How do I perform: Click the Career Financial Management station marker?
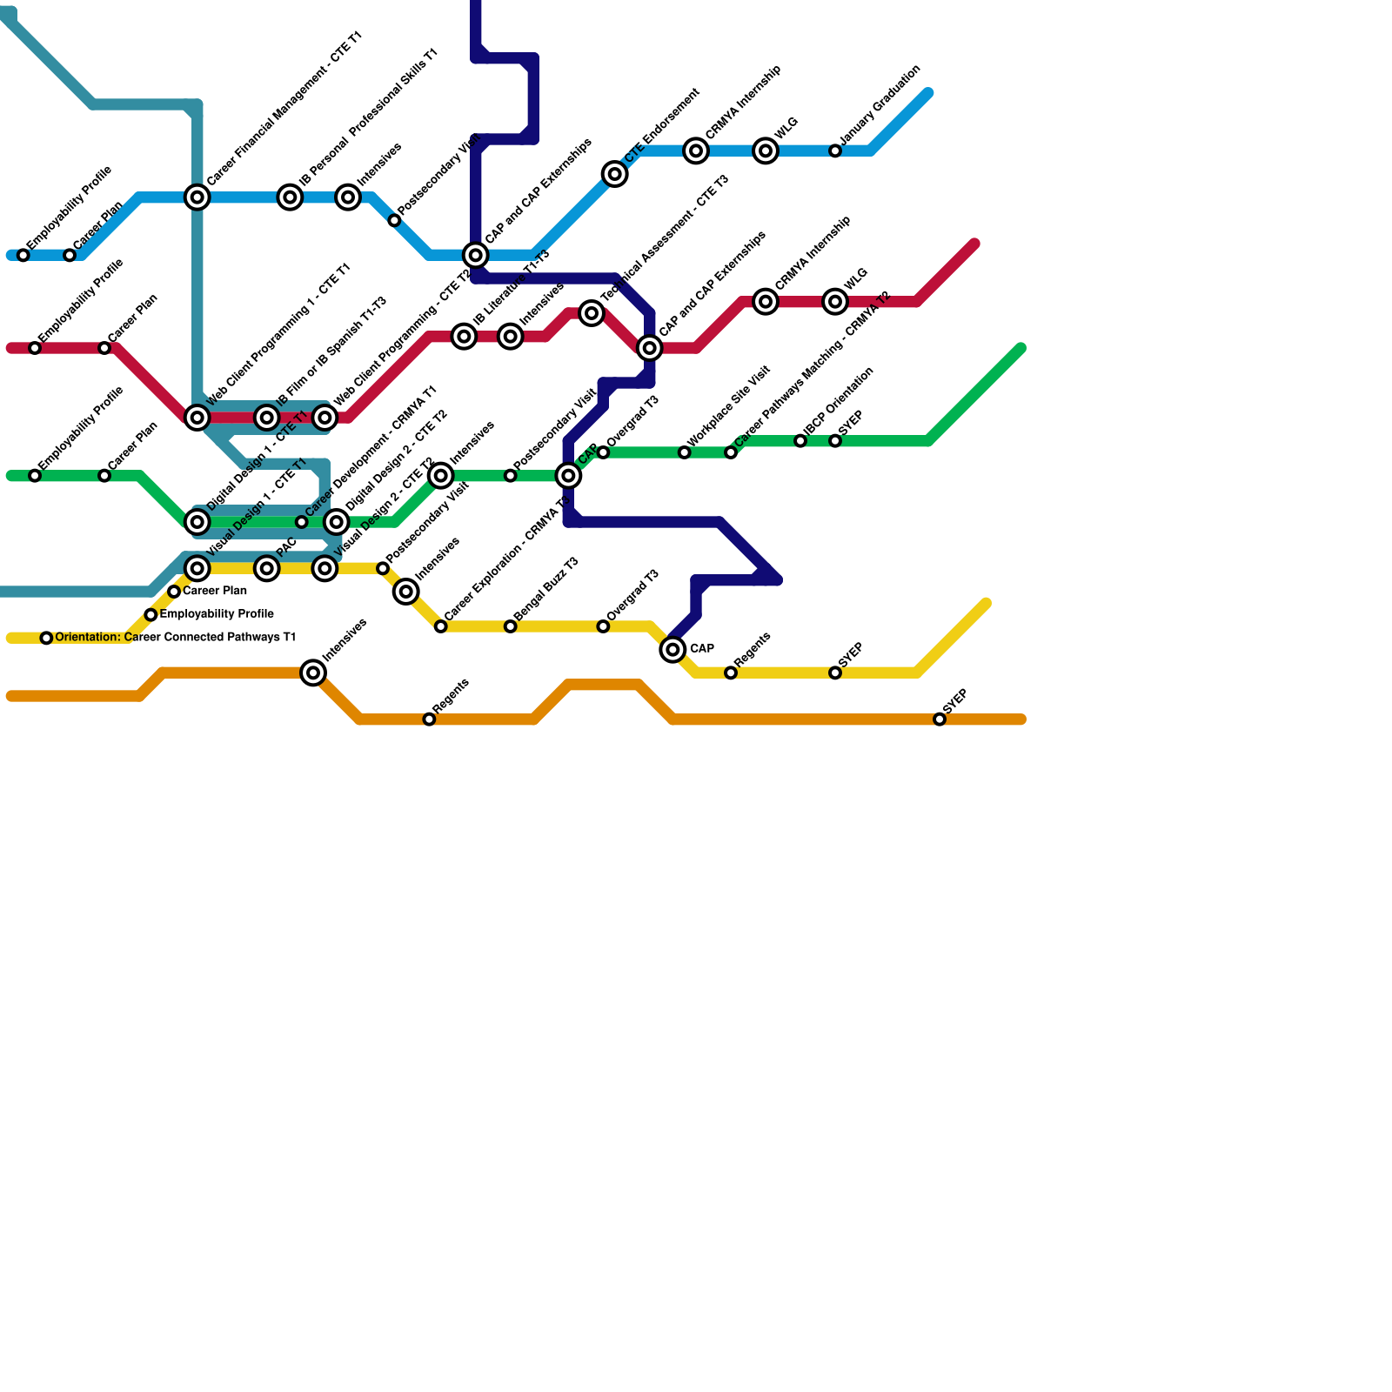(197, 197)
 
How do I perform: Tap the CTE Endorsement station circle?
(615, 174)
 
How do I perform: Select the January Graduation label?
(880, 105)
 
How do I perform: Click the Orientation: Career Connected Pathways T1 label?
(175, 638)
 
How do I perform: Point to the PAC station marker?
(267, 568)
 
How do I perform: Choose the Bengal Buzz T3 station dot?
(511, 626)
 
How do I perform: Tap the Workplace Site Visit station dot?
(685, 452)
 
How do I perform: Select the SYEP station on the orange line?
(940, 719)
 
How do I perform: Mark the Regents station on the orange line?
(429, 719)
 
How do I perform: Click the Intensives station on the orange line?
(313, 673)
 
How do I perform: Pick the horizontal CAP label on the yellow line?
(702, 649)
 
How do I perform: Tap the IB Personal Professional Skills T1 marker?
(291, 197)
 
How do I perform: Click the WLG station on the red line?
(835, 302)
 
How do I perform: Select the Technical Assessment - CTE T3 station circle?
(592, 313)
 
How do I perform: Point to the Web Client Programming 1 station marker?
(197, 418)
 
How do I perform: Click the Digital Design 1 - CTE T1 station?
(197, 522)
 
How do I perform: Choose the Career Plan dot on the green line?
(104, 476)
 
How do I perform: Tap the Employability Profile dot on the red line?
(35, 348)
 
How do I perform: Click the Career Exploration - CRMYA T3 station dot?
(441, 626)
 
